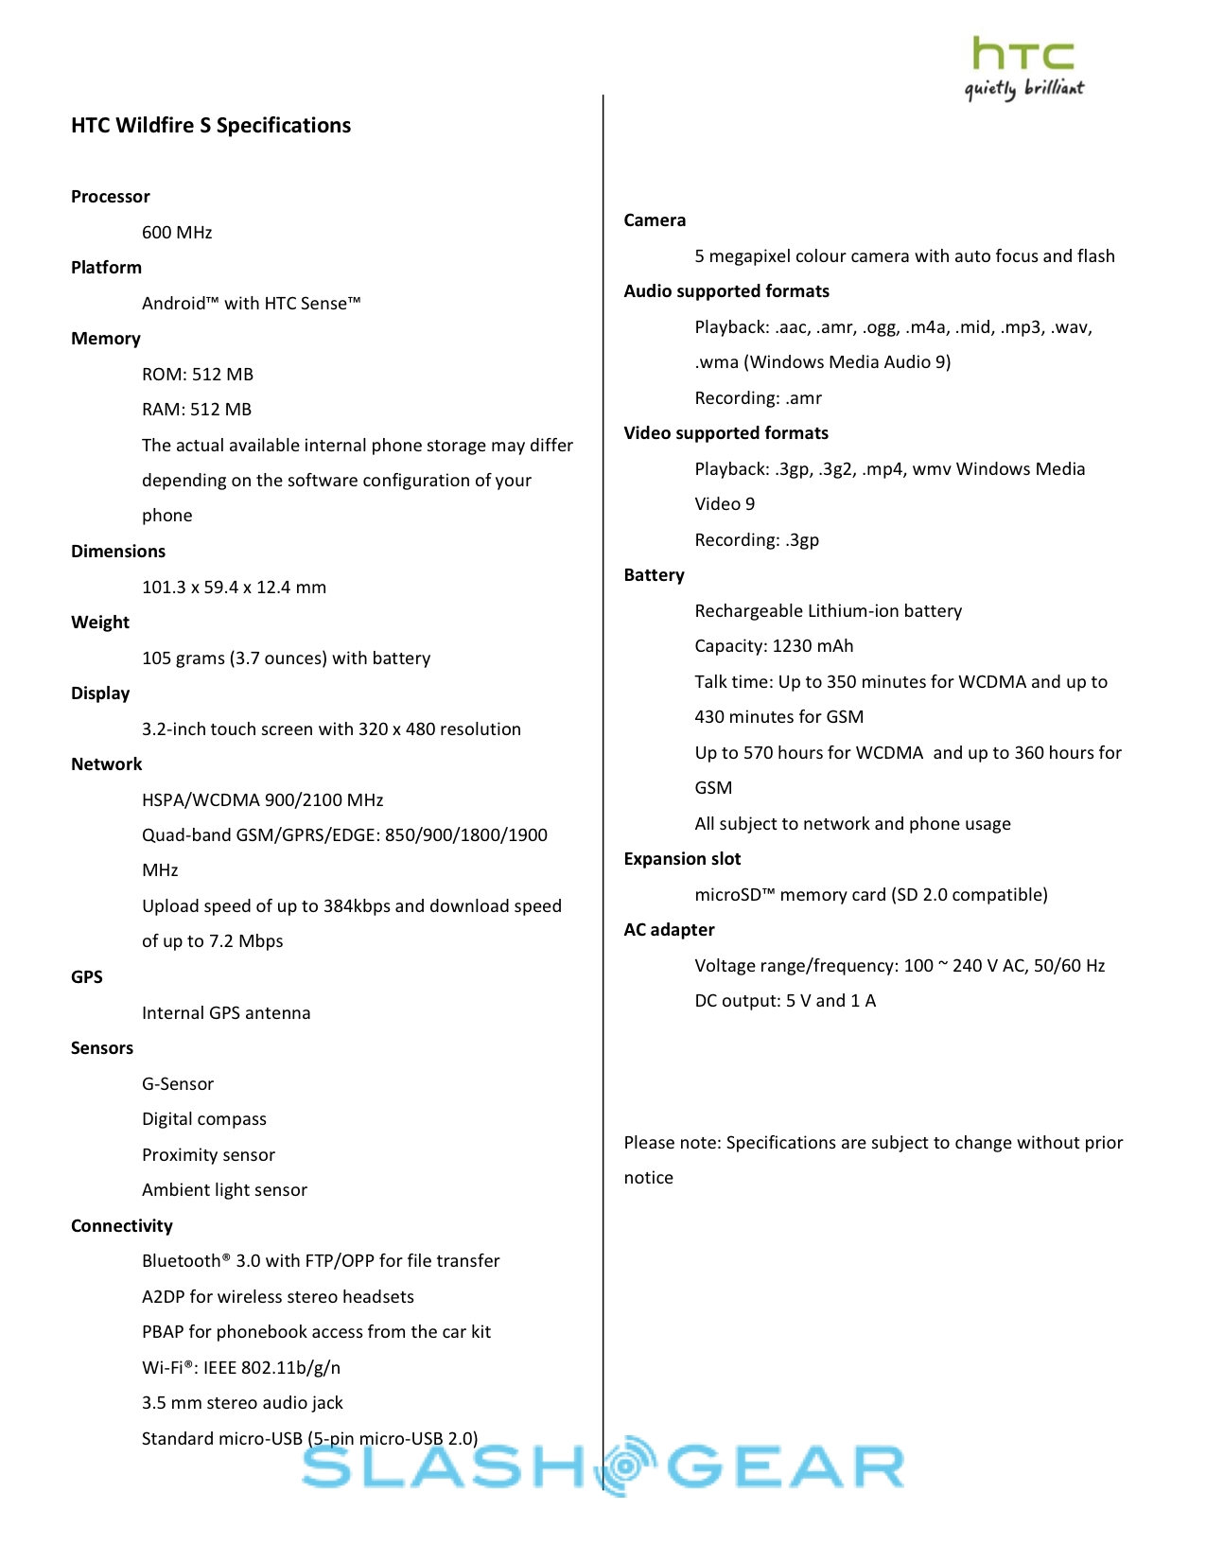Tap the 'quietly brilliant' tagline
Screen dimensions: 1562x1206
click(x=1023, y=89)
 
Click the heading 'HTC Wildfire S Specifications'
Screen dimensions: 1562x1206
click(x=211, y=126)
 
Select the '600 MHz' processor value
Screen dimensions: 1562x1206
click(x=177, y=233)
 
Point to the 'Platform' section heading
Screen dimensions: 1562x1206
click(x=106, y=268)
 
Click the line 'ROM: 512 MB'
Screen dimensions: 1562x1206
click(x=198, y=375)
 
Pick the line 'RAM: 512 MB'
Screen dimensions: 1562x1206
click(x=197, y=410)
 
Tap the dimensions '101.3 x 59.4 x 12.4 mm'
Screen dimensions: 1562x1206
click(x=234, y=588)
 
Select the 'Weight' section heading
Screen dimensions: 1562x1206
click(x=100, y=623)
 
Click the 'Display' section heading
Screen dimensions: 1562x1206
click(x=100, y=693)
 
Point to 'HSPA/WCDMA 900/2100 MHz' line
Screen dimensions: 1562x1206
click(x=262, y=800)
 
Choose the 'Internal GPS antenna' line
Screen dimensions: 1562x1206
click(x=226, y=1013)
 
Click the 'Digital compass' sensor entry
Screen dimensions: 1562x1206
click(x=204, y=1119)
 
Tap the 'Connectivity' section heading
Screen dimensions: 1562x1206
click(x=122, y=1226)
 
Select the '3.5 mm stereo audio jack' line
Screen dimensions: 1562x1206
click(x=242, y=1403)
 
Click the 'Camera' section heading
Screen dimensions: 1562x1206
click(x=655, y=220)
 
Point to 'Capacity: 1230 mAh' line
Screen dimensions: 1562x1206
click(x=774, y=646)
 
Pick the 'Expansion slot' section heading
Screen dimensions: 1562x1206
click(x=682, y=859)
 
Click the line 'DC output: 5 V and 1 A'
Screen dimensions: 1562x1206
click(x=785, y=1001)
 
